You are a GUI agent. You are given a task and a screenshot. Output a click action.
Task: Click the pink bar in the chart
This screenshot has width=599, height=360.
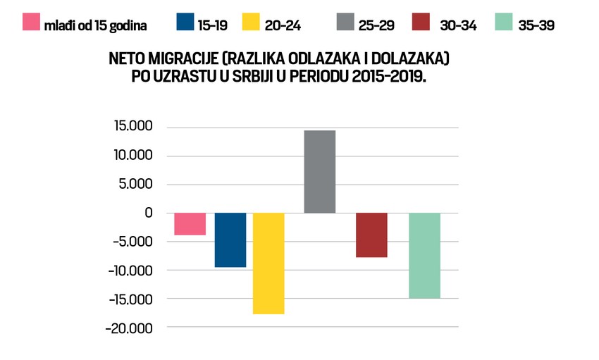click(190, 224)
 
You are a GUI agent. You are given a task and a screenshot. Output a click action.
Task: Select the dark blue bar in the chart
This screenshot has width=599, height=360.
click(230, 240)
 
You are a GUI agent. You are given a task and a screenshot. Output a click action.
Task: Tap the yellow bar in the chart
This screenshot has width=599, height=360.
click(268, 263)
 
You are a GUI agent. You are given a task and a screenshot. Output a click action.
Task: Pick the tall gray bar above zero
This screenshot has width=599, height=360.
click(319, 172)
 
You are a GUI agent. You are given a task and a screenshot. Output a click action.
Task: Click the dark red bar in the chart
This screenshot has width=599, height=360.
click(371, 235)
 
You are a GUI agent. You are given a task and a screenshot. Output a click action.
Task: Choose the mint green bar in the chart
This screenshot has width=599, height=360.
click(424, 255)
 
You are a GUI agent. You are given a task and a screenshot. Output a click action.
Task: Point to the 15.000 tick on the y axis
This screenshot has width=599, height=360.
click(133, 128)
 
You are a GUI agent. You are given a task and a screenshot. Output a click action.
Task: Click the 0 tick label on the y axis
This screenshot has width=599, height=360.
click(147, 213)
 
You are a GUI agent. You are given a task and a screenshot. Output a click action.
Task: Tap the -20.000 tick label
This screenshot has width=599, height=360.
click(129, 328)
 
